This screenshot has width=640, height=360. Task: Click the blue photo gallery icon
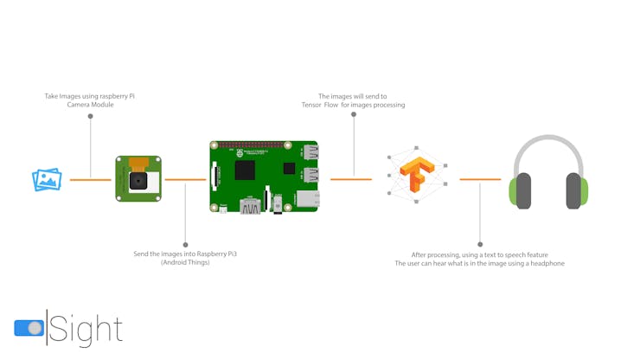pos(47,179)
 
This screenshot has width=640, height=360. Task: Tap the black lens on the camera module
pos(138,181)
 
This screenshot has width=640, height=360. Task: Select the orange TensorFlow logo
pos(417,174)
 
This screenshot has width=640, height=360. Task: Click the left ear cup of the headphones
pos(521,191)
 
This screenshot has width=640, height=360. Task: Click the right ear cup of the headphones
pos(577,191)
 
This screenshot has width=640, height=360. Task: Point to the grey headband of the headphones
pos(548,141)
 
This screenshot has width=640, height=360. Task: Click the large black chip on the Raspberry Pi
pos(245,170)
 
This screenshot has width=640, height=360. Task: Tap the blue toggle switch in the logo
pos(29,328)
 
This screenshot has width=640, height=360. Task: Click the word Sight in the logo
pos(86,330)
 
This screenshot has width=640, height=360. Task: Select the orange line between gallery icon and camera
pos(90,180)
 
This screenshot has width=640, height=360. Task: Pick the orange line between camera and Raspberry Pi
pos(185,179)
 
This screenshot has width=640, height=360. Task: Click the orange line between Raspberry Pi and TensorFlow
pos(351,179)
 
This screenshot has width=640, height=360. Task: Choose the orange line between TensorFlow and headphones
pos(480,179)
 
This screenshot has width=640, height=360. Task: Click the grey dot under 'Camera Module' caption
pos(90,117)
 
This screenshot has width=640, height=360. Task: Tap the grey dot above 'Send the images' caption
pos(185,245)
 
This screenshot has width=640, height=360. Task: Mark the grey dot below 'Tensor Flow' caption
pos(354,114)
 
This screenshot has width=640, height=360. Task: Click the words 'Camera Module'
pos(90,105)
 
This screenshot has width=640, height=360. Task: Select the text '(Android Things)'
pos(185,262)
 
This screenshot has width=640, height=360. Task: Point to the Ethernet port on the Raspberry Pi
pos(308,199)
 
